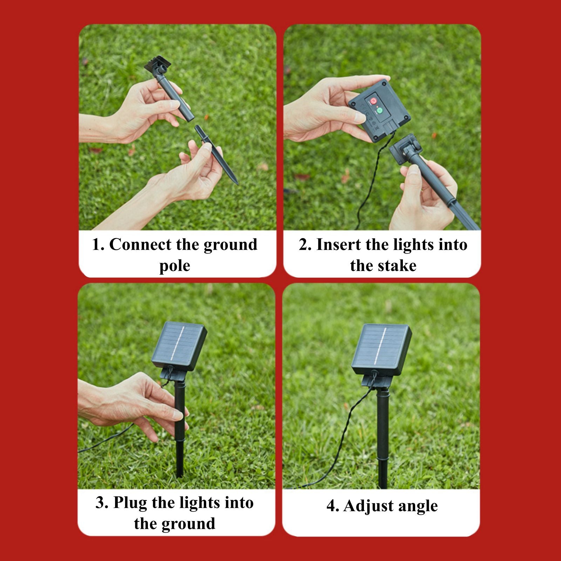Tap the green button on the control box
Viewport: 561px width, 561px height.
379,112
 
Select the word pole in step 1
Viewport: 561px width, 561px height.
175,266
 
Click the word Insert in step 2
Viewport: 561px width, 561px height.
338,245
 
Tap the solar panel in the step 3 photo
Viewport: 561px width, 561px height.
179,345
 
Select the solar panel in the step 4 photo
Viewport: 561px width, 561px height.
381,349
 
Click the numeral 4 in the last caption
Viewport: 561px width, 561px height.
331,506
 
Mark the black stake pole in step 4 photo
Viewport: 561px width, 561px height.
383,438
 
